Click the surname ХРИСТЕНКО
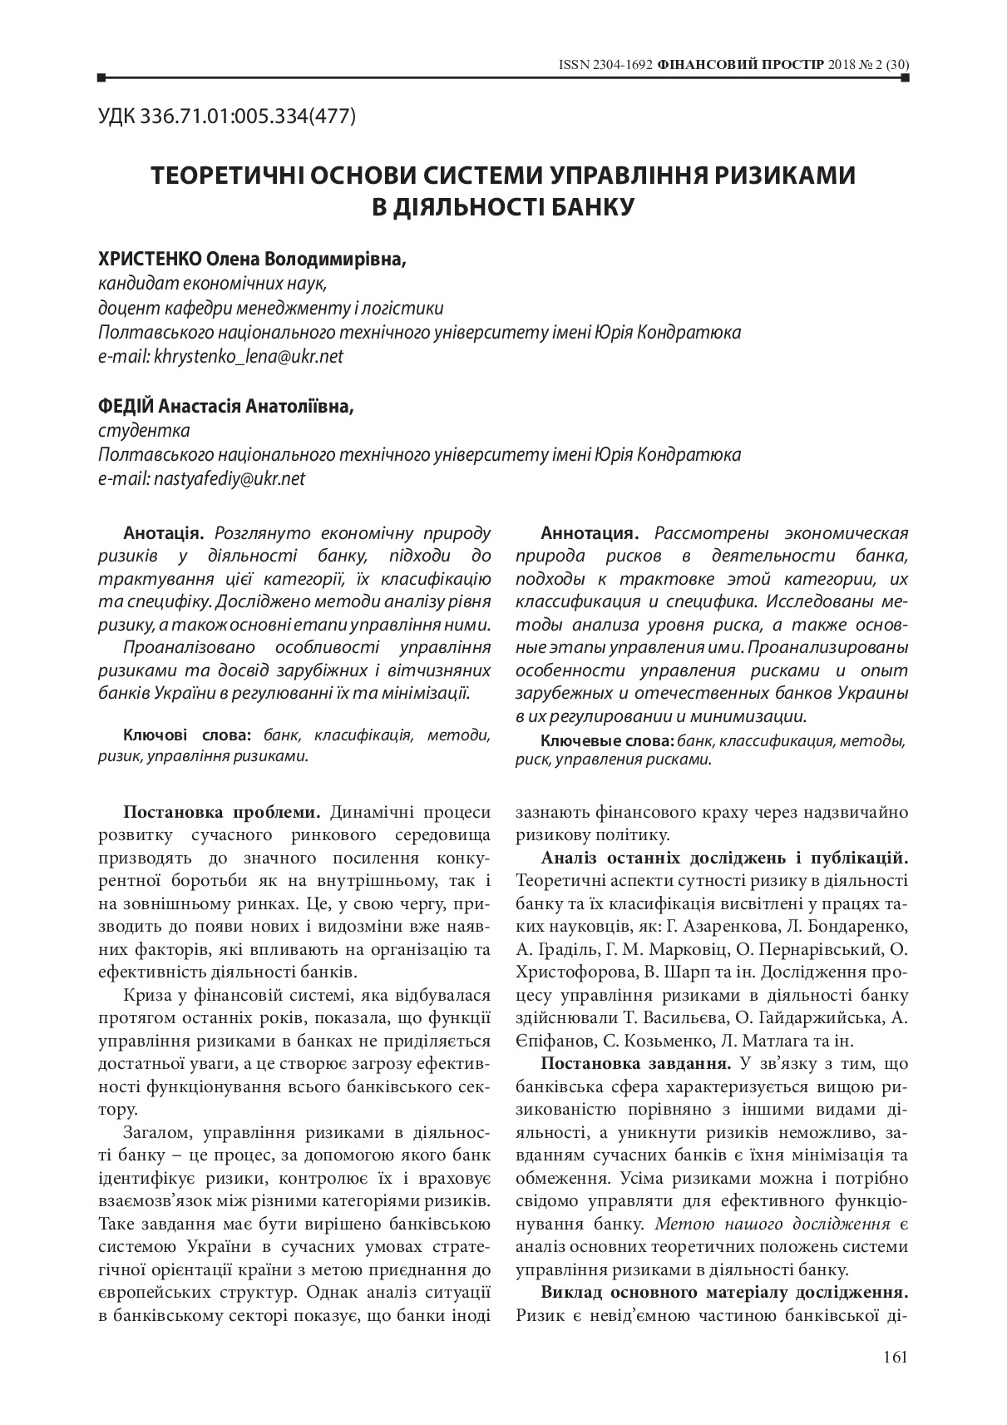click(x=146, y=260)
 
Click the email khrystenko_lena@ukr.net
click(x=249, y=356)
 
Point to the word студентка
click(x=144, y=431)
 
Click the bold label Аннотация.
click(x=590, y=533)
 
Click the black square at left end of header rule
click(x=101, y=78)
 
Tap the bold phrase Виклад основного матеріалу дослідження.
click(x=723, y=1293)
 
